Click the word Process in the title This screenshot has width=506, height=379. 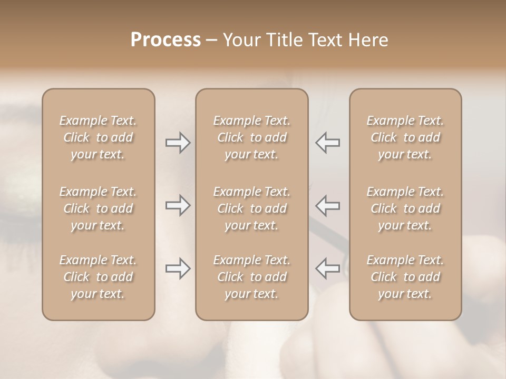pos(166,40)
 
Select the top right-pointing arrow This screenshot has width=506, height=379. pos(178,143)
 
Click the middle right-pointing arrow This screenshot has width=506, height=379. pos(178,205)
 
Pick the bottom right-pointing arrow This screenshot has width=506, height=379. pos(178,268)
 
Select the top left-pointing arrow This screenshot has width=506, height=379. pos(327,143)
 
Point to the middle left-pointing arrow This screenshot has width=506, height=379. pos(327,205)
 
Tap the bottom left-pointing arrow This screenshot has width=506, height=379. pos(327,268)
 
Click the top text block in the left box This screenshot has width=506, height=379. pos(98,137)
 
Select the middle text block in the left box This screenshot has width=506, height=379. pos(98,208)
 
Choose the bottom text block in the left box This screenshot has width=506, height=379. pos(98,277)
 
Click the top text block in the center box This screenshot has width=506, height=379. pos(251,137)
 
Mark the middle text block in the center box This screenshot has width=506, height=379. pos(251,208)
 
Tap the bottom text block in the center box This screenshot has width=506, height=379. pos(251,277)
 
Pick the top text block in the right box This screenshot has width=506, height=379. pos(405,137)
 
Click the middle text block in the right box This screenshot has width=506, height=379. pos(405,208)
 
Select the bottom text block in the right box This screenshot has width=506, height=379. pos(405,277)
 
